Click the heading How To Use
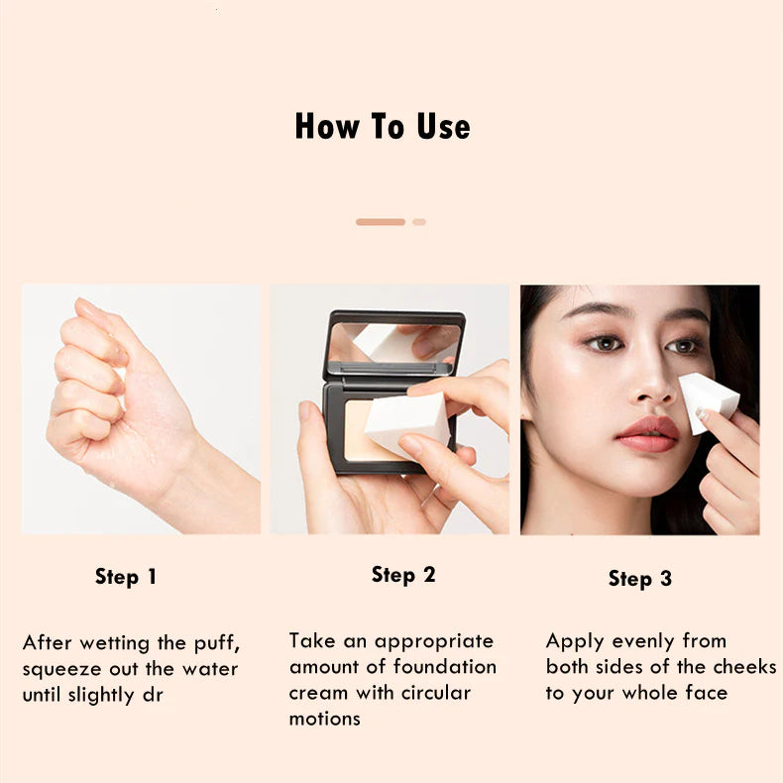[383, 126]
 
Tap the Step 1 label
[126, 577]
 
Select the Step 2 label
[403, 575]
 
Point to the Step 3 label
[640, 579]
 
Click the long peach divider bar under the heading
[381, 222]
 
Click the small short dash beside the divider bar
[419, 222]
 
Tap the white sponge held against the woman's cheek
[707, 402]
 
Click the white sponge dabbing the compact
[408, 423]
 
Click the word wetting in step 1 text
[115, 642]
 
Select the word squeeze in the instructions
[61, 669]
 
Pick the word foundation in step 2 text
[444, 667]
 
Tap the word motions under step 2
[324, 720]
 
